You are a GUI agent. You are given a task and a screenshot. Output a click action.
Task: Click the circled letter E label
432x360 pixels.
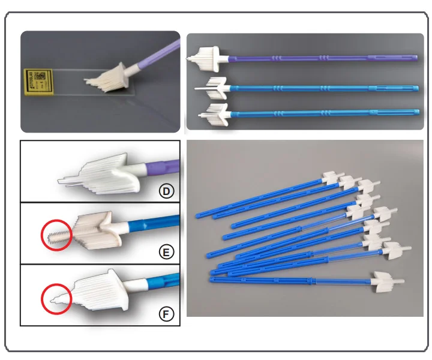coord(166,252)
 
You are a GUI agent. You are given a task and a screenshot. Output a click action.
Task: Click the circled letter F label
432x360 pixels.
coord(166,313)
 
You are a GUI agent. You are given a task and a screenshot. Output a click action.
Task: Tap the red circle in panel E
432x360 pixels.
coord(56,235)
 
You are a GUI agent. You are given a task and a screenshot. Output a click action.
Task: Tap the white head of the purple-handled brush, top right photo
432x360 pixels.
coord(206,58)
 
